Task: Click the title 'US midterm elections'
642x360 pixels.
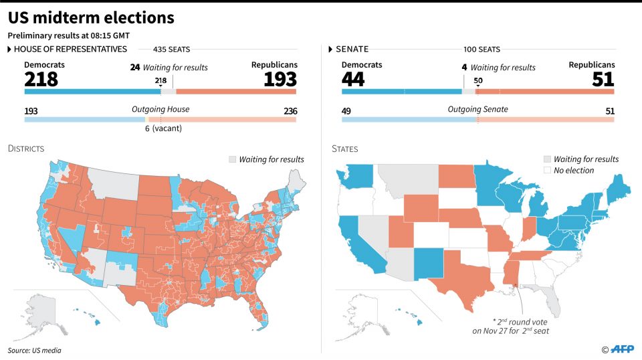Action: [x=91, y=17]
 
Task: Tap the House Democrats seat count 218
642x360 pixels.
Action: [x=41, y=79]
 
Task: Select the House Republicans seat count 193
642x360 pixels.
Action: [x=280, y=79]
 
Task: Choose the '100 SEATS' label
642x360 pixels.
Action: [x=481, y=50]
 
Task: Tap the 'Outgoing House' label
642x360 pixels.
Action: [x=160, y=110]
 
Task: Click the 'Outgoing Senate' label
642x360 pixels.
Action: [x=477, y=110]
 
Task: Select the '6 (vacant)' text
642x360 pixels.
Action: [x=160, y=128]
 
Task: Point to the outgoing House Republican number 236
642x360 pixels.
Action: [x=290, y=111]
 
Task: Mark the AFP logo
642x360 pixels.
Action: [x=621, y=349]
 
